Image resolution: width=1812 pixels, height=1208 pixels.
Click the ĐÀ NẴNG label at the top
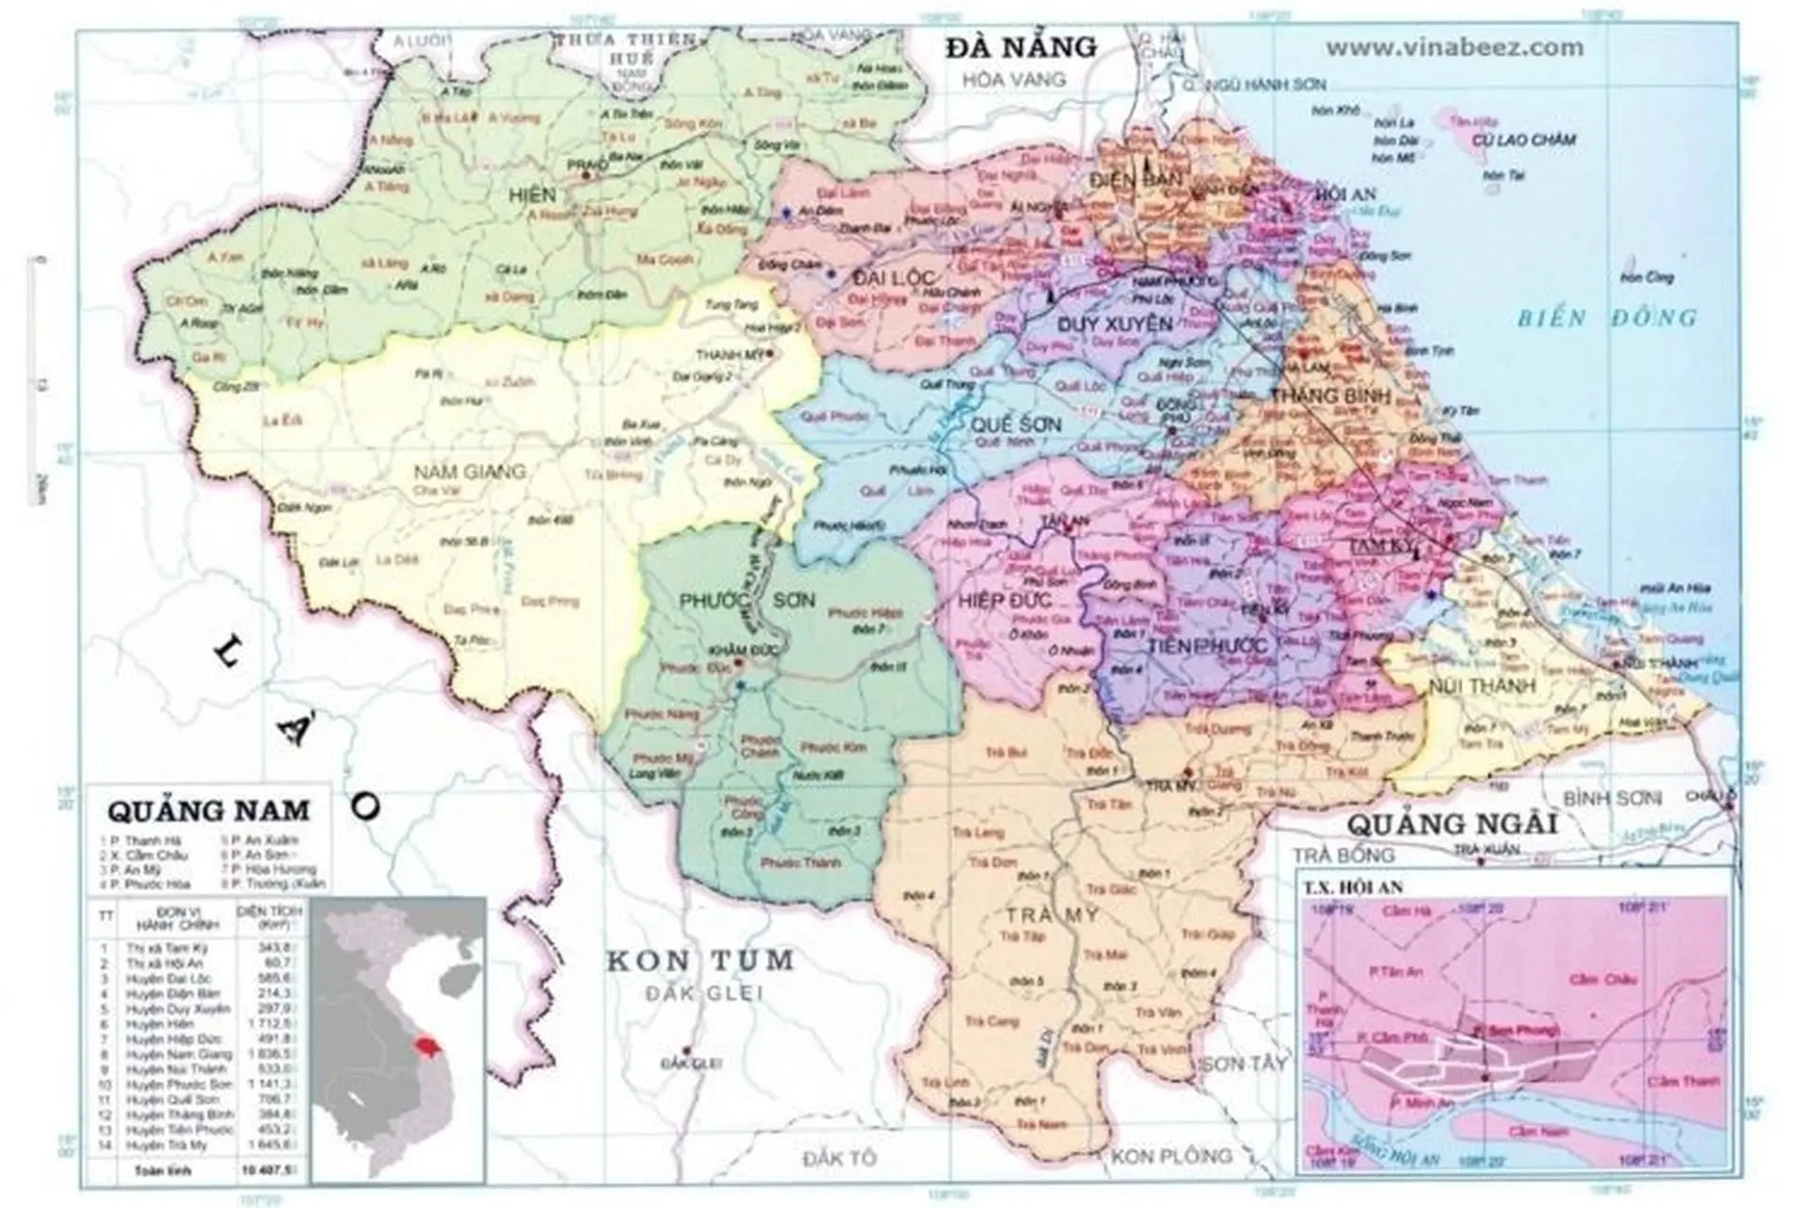(1022, 47)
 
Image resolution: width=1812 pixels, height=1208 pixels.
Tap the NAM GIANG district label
(470, 471)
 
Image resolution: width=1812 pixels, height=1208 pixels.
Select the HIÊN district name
(531, 195)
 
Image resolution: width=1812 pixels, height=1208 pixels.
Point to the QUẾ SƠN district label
(1016, 425)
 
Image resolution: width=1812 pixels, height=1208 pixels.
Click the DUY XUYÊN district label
(1101, 324)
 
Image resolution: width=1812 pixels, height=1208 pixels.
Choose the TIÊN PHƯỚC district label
(1207, 646)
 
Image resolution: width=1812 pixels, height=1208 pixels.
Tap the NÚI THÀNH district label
(1482, 685)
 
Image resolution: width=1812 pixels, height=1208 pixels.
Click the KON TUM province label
(699, 961)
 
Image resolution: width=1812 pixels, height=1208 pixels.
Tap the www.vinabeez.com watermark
(1454, 47)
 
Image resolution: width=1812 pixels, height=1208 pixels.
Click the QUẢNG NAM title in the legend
(208, 811)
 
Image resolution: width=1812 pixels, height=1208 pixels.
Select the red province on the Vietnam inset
(428, 1046)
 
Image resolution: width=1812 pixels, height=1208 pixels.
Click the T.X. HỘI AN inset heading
(1352, 887)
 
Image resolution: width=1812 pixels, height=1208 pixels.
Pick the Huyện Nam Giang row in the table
(179, 1054)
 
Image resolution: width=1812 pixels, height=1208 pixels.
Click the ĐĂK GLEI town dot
(688, 1050)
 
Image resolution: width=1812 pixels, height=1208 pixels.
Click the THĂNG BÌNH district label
(1330, 395)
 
